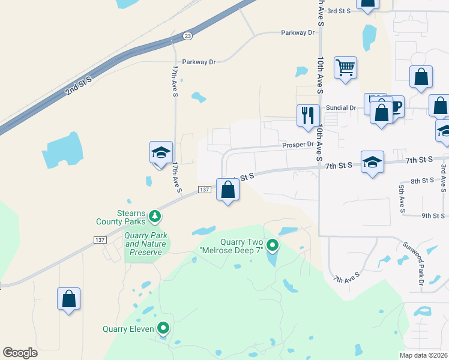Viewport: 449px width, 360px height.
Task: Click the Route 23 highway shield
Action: pyautogui.click(x=188, y=36)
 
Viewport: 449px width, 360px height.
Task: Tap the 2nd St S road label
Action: pyautogui.click(x=79, y=85)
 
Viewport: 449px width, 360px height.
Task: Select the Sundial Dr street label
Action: pyautogui.click(x=340, y=108)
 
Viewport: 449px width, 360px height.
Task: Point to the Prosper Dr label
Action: pyautogui.click(x=298, y=145)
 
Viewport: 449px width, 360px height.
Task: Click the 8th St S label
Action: pyautogui.click(x=422, y=181)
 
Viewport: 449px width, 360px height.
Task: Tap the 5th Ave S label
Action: pyautogui.click(x=402, y=199)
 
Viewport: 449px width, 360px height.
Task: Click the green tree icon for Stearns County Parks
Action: pyautogui.click(x=155, y=215)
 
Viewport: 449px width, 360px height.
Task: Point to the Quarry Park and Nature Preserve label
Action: pyautogui.click(x=146, y=244)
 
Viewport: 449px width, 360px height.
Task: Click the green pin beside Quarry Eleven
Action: pyautogui.click(x=163, y=328)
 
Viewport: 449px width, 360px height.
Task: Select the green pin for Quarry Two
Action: pyautogui.click(x=273, y=245)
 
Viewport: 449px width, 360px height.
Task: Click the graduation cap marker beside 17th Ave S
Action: pyautogui.click(x=161, y=152)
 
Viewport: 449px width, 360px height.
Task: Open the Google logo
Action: pyautogui.click(x=20, y=353)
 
